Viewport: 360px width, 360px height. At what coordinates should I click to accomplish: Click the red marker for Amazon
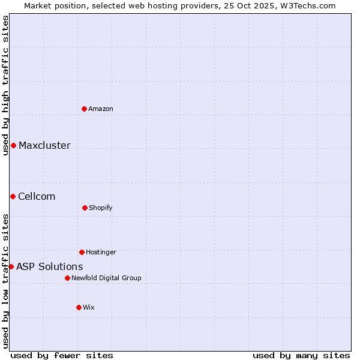tap(84, 109)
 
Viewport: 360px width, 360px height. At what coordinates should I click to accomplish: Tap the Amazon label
tap(101, 109)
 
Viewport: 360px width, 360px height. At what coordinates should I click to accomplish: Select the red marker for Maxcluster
tap(13, 145)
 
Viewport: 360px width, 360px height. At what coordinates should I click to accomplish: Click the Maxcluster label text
tap(44, 145)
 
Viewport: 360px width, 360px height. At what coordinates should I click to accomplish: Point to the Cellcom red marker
tap(13, 196)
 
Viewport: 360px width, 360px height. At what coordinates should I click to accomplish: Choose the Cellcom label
tap(37, 196)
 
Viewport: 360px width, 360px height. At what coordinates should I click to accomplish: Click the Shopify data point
tap(85, 208)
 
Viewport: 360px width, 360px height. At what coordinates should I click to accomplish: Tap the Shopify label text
tap(101, 208)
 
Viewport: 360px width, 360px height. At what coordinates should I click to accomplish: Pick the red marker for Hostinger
tap(82, 252)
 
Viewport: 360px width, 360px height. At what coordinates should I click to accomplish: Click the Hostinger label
tap(101, 252)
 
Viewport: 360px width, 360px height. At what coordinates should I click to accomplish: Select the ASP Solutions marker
tap(11, 266)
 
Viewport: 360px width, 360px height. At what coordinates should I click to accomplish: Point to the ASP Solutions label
tap(50, 266)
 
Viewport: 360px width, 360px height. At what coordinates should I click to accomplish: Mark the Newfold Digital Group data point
tap(67, 278)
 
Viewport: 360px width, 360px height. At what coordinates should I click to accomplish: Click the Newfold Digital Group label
tap(106, 278)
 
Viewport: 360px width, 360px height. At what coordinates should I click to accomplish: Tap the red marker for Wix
tap(79, 307)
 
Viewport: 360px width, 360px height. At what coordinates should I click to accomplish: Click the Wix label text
tap(89, 307)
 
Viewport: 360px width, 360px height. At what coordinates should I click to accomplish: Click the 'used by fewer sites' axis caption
tap(62, 355)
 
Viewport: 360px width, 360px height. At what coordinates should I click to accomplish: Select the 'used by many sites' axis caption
tap(301, 355)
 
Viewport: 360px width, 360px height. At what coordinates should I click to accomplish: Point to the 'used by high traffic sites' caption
tap(5, 85)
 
